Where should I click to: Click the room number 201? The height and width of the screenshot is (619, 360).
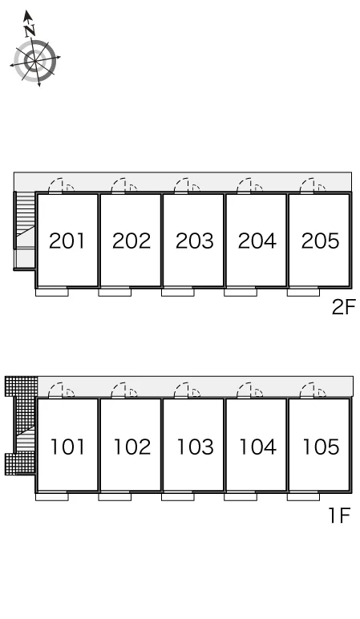pyautogui.click(x=67, y=241)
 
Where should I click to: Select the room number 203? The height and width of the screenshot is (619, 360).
pyautogui.click(x=194, y=241)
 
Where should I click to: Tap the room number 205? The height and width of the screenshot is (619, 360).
pyautogui.click(x=320, y=241)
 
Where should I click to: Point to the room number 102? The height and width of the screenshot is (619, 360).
pyautogui.click(x=131, y=447)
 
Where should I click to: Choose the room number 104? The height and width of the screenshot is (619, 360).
pyautogui.click(x=257, y=447)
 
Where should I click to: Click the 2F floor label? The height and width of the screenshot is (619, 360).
pyautogui.click(x=344, y=307)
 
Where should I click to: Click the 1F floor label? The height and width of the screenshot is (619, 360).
pyautogui.click(x=340, y=516)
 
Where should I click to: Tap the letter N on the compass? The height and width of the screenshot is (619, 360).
pyautogui.click(x=29, y=30)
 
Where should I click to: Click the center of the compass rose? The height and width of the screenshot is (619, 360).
pyautogui.click(x=35, y=60)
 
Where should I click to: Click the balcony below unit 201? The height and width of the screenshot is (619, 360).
pyautogui.click(x=51, y=292)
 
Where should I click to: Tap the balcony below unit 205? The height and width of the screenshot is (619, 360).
pyautogui.click(x=303, y=292)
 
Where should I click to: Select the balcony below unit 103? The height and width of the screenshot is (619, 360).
pyautogui.click(x=178, y=496)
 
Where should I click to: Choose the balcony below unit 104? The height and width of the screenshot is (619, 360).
pyautogui.click(x=241, y=496)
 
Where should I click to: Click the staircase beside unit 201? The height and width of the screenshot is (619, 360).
pyautogui.click(x=25, y=231)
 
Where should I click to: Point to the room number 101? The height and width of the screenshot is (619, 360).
pyautogui.click(x=67, y=447)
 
